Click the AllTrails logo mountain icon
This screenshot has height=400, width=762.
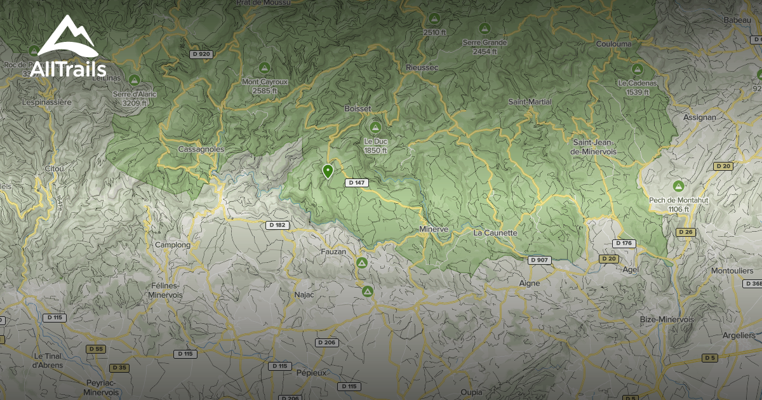tap(67, 37)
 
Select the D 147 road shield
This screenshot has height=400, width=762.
tap(357, 183)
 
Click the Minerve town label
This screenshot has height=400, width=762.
tap(434, 229)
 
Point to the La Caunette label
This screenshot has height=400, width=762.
tap(495, 233)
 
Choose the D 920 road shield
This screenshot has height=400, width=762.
tap(201, 54)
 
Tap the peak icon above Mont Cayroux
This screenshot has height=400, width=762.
tap(264, 67)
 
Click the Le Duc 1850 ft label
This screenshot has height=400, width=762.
tap(375, 145)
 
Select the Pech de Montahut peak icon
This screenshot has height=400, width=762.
tap(678, 186)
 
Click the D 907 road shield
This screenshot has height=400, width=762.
tap(540, 260)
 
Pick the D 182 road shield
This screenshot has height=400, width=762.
tap(276, 225)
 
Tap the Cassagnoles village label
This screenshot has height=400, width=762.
tap(201, 149)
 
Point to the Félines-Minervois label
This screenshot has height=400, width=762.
tap(165, 290)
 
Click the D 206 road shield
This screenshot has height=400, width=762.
tap(328, 343)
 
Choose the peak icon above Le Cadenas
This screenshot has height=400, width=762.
tap(637, 69)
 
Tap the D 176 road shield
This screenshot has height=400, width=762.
tap(624, 243)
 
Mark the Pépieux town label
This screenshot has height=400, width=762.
tap(311, 373)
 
